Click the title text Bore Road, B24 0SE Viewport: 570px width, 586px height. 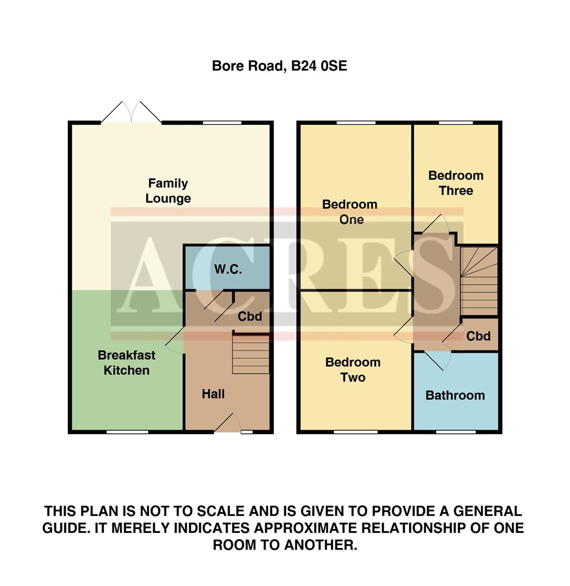[279, 66]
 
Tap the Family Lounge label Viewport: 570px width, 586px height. [168, 191]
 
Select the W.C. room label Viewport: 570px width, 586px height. [228, 270]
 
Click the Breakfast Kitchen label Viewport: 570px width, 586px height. [127, 362]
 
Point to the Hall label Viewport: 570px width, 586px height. [213, 394]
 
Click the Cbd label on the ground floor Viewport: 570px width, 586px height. [250, 316]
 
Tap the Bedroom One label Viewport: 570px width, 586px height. [350, 212]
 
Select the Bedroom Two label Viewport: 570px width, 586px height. [353, 370]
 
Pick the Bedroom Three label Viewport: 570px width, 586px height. [455, 183]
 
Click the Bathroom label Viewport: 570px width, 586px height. [455, 395]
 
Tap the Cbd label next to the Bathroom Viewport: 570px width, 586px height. [479, 336]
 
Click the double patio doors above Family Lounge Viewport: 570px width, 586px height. [131, 112]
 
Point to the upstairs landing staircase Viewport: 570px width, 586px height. [479, 281]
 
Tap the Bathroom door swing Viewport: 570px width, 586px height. [438, 360]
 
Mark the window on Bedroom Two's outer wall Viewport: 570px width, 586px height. [355, 432]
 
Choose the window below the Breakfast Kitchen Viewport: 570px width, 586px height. [127, 432]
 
